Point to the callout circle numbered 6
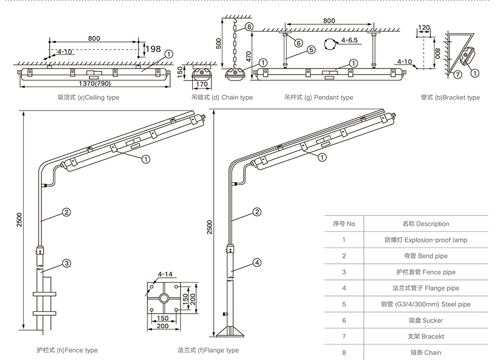[x=298, y=43]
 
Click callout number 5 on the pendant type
[x=311, y=50]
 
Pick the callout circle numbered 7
[x=458, y=75]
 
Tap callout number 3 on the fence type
[x=66, y=263]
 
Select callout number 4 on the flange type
[x=258, y=263]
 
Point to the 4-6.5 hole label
[x=350, y=40]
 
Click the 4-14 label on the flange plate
[x=165, y=274]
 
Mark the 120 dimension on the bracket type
[x=424, y=28]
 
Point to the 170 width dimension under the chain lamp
[x=202, y=84]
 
